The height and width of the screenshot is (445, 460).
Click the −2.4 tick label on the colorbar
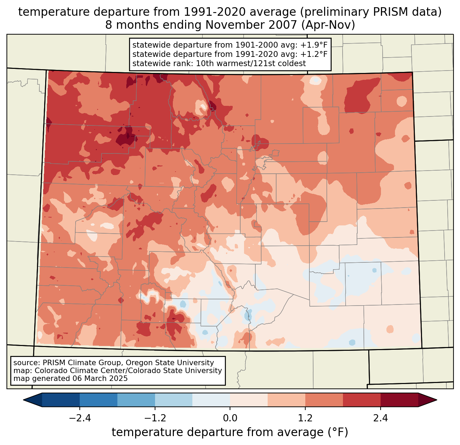tap(80, 418)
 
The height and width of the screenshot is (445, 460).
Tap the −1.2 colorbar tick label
tap(155, 418)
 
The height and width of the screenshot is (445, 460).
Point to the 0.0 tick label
tap(230, 418)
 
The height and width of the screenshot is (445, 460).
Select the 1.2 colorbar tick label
tap(305, 418)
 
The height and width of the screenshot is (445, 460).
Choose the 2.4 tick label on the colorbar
tap(380, 418)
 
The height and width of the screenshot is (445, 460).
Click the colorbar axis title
tap(230, 432)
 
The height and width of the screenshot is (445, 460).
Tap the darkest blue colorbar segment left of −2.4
tap(61, 400)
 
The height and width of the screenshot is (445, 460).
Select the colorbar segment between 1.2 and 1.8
tap(324, 400)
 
